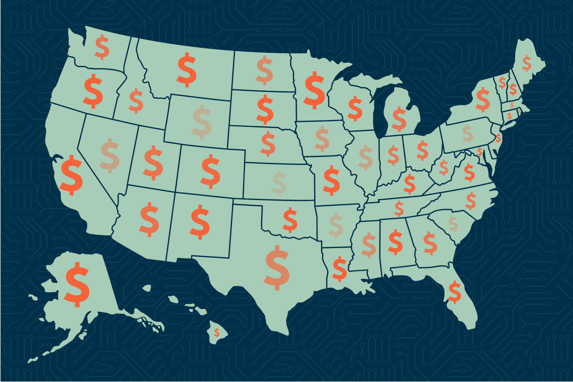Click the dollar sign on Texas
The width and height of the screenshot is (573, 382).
(x=277, y=268)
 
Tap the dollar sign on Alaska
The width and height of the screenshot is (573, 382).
(x=77, y=284)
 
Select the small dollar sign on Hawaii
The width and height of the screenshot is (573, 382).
(x=217, y=332)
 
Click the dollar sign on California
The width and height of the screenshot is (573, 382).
(x=71, y=175)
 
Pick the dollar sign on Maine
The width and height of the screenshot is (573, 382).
(x=527, y=63)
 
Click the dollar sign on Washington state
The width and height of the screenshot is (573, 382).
(x=102, y=47)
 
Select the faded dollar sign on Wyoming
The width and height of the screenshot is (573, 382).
(x=202, y=122)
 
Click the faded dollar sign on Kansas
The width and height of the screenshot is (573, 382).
(x=280, y=183)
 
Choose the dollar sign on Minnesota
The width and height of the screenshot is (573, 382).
(x=315, y=90)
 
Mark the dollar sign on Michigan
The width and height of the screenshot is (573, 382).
(x=399, y=119)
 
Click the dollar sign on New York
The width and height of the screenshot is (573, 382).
(x=483, y=99)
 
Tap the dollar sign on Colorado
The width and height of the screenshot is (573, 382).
(x=211, y=171)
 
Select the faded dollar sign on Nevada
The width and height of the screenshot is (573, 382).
(x=110, y=155)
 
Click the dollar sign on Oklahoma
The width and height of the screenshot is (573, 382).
(x=290, y=220)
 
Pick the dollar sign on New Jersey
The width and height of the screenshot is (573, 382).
(x=498, y=138)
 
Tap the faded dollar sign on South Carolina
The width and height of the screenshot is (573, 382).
(x=453, y=224)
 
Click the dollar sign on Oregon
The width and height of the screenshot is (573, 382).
(x=93, y=91)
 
